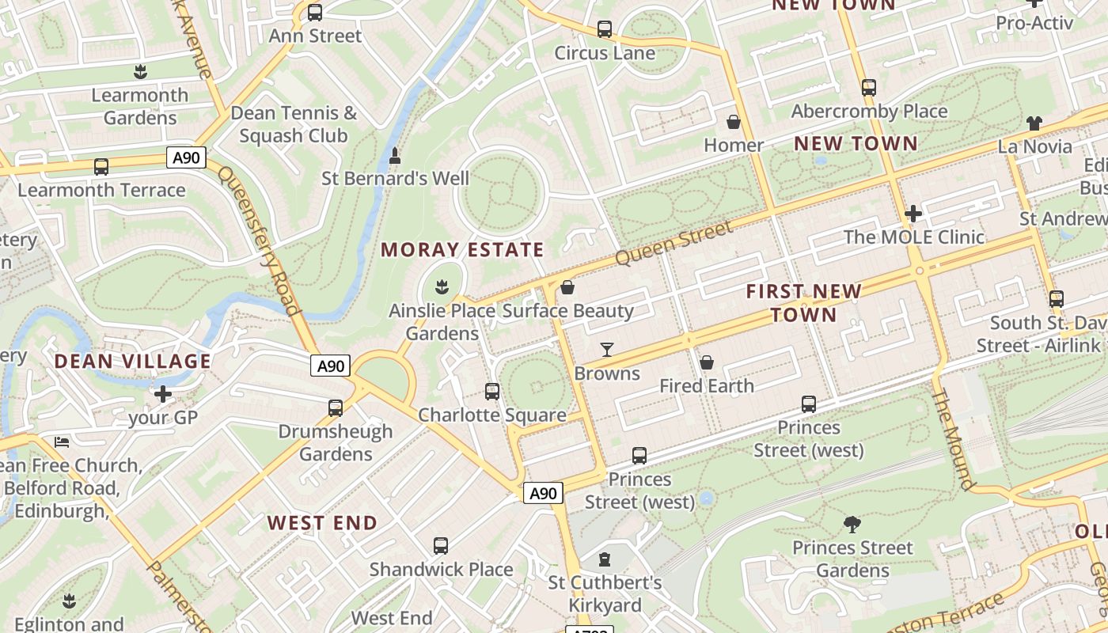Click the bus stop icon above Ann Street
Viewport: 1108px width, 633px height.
[x=315, y=13]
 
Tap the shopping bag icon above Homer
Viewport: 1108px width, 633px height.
[x=734, y=122]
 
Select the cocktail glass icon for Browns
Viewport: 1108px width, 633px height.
[x=607, y=349]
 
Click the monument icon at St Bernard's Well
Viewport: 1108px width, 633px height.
[x=395, y=155]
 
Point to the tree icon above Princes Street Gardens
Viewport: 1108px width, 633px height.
[x=852, y=524]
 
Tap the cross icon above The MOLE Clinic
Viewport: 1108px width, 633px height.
[x=913, y=214]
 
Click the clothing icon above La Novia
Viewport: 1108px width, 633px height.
[x=1034, y=123]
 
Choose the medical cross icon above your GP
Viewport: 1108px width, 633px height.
[x=163, y=394]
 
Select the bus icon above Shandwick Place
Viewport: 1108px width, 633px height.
[x=441, y=546]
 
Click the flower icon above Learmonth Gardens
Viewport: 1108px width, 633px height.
[x=140, y=72]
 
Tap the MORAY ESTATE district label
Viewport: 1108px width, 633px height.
[x=462, y=250]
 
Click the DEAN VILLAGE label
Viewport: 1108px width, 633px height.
[x=133, y=362]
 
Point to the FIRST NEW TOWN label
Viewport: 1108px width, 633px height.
[x=803, y=303]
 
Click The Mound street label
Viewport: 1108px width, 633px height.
[x=952, y=438]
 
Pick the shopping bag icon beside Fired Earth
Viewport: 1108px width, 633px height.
[x=707, y=362]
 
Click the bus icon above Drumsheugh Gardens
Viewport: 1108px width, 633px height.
[x=336, y=408]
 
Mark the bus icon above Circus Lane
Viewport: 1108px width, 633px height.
[x=605, y=29]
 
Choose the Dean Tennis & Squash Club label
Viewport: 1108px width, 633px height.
[x=294, y=124]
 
